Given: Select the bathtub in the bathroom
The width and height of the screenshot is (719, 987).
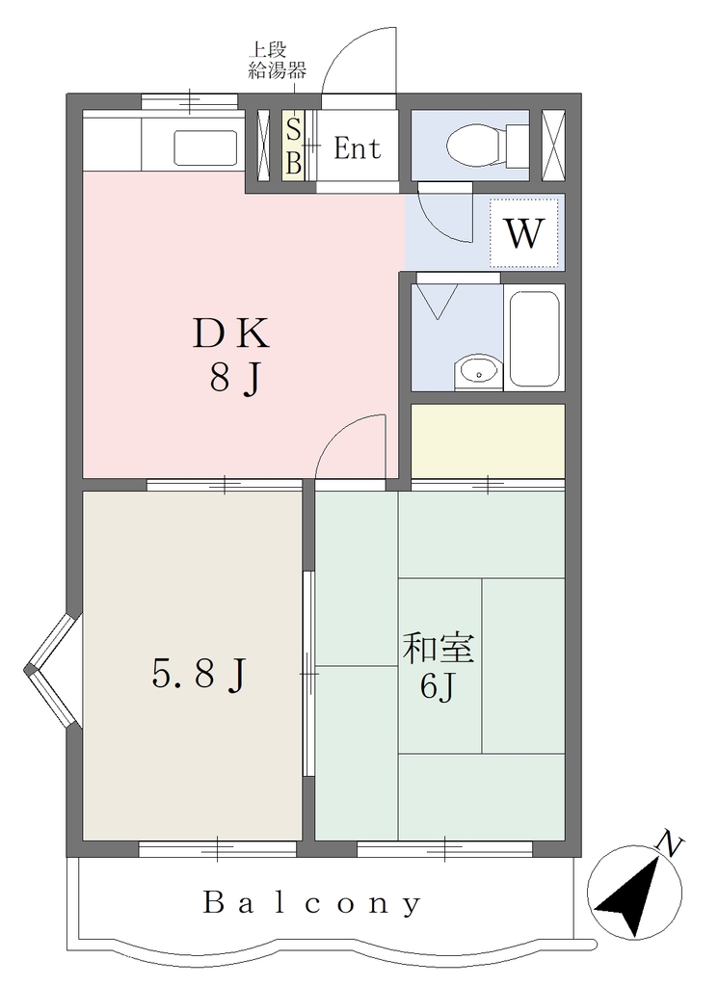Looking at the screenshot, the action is tap(535, 337).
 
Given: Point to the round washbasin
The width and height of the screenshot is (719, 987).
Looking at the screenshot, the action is tap(478, 372).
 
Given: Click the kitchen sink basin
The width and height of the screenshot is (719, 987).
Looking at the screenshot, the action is tap(205, 147).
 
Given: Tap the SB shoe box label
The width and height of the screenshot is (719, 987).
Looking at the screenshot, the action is tap(293, 147).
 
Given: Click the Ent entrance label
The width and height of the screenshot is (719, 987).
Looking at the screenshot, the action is tap(357, 148).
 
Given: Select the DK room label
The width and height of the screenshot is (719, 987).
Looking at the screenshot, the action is tap(230, 333).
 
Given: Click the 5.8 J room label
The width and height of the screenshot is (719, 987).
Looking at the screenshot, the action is tap(199, 675).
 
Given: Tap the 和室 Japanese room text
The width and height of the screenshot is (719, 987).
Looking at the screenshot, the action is tap(439, 649).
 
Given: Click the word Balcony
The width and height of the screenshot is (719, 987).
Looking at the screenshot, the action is tap(312, 904).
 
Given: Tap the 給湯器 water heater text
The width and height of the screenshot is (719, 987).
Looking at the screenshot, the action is tap(277, 70).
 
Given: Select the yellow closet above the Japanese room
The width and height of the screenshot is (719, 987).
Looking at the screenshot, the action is tap(488, 440).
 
